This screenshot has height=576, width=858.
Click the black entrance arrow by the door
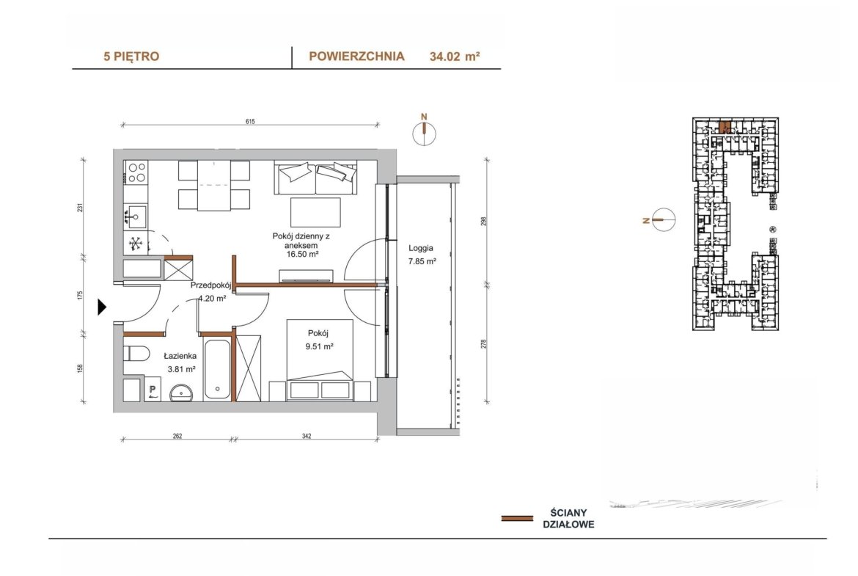click(101, 307)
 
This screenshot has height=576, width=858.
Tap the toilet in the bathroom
click(136, 354)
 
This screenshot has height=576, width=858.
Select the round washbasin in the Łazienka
click(181, 393)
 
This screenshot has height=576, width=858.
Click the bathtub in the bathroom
click(217, 370)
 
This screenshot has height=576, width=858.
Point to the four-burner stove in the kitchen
click(136, 172)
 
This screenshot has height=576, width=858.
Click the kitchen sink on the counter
click(136, 216)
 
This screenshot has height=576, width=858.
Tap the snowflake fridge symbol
click(136, 243)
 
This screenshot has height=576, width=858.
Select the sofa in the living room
click(316, 178)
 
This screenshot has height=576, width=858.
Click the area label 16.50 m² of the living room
click(302, 254)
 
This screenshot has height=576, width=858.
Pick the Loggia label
click(421, 247)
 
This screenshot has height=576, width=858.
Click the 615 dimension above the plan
click(250, 122)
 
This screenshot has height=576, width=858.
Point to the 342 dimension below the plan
click(307, 437)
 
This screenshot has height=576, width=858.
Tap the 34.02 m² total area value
click(455, 56)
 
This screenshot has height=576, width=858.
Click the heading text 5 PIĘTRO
click(131, 56)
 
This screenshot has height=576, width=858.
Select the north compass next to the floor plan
click(424, 133)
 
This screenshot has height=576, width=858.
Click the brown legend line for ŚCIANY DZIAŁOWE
click(517, 518)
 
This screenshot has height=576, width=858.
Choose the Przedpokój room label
click(211, 285)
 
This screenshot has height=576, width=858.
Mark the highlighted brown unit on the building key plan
click(725, 127)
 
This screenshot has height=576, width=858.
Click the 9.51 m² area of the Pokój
click(320, 346)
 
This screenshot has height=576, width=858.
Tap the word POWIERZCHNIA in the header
click(357, 56)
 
